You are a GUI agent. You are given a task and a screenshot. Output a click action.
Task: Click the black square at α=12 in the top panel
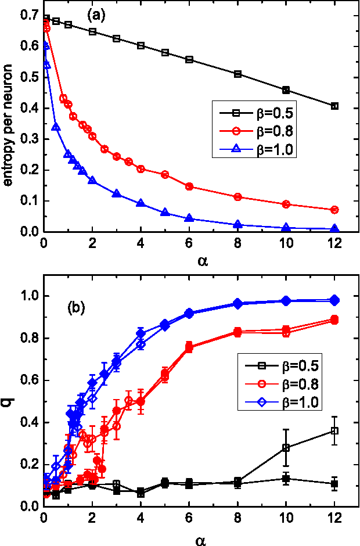pos(334,106)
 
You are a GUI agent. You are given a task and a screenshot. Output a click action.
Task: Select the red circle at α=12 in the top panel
pos(334,210)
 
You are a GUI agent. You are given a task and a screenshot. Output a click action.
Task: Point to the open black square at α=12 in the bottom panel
pos(334,430)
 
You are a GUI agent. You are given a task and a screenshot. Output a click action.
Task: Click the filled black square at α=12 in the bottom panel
pos(334,484)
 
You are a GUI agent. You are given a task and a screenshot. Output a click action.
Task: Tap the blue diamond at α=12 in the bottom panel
pos(334,300)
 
